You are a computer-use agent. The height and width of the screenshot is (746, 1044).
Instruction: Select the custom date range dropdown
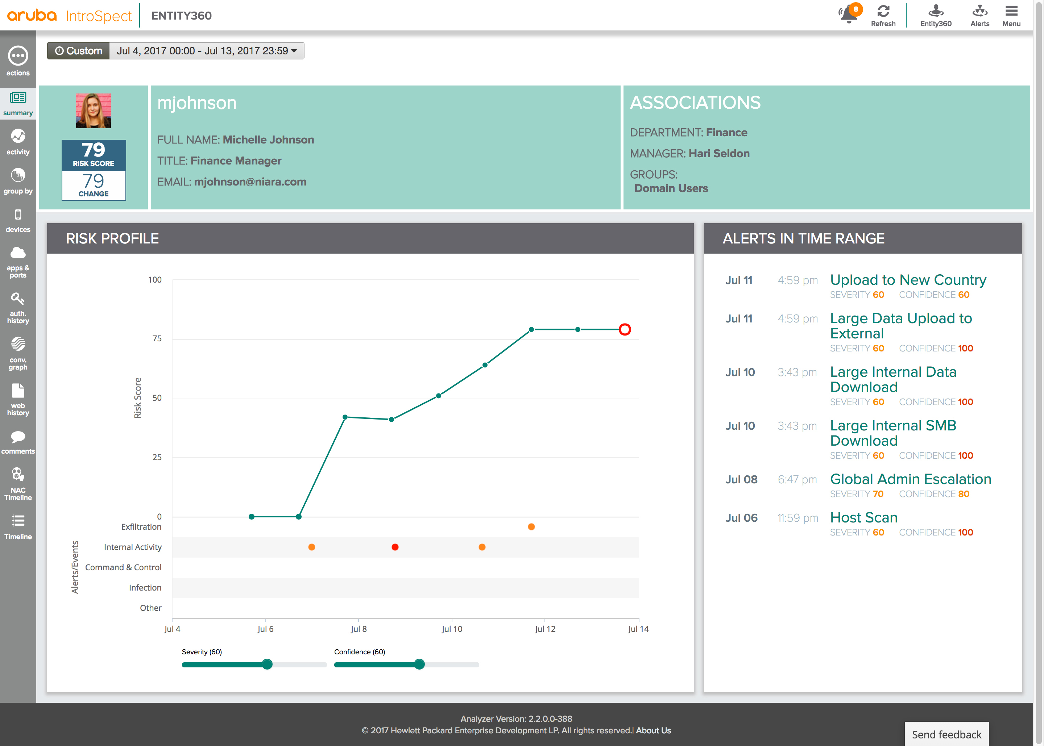[206, 50]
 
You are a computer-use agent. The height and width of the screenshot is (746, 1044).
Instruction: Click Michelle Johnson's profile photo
[93, 111]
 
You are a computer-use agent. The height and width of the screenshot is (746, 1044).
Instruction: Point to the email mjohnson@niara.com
[250, 182]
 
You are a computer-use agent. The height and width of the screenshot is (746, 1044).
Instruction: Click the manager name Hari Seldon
[719, 153]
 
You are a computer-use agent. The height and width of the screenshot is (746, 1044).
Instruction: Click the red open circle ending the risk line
[625, 329]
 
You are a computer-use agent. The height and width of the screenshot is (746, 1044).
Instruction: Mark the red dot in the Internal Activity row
[395, 547]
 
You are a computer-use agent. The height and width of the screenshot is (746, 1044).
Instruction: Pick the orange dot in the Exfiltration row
[531, 527]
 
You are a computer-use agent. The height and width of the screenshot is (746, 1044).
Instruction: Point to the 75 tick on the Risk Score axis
[157, 338]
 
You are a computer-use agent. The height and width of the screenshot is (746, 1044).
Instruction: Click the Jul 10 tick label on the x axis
[452, 629]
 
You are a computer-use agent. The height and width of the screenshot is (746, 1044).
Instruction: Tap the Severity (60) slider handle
[267, 664]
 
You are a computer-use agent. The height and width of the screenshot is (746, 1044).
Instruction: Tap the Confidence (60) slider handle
[419, 664]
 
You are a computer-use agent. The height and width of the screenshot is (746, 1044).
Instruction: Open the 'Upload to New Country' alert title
[908, 280]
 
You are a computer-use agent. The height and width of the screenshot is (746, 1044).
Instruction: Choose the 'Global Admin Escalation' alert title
[910, 479]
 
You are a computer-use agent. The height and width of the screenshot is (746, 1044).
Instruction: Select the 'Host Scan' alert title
[863, 518]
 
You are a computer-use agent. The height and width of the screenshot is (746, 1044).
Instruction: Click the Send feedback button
[946, 734]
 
